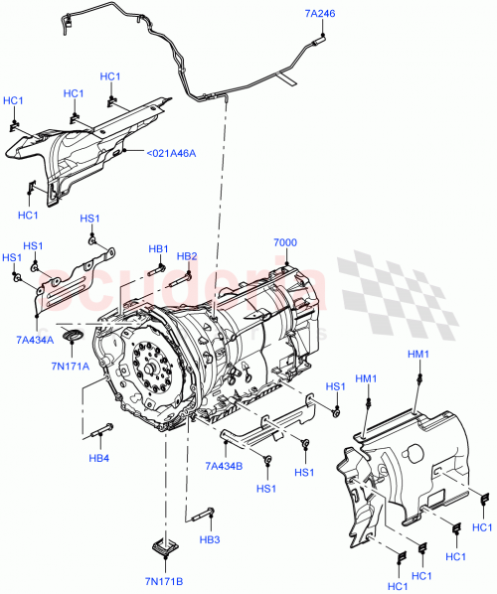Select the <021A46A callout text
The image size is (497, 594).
171,153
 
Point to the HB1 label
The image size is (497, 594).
159,248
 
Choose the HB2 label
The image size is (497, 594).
187,256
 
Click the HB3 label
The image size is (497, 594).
209,539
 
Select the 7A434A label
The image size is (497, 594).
36,341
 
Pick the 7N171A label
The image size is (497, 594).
72,366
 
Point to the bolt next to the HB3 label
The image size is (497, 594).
204,515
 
